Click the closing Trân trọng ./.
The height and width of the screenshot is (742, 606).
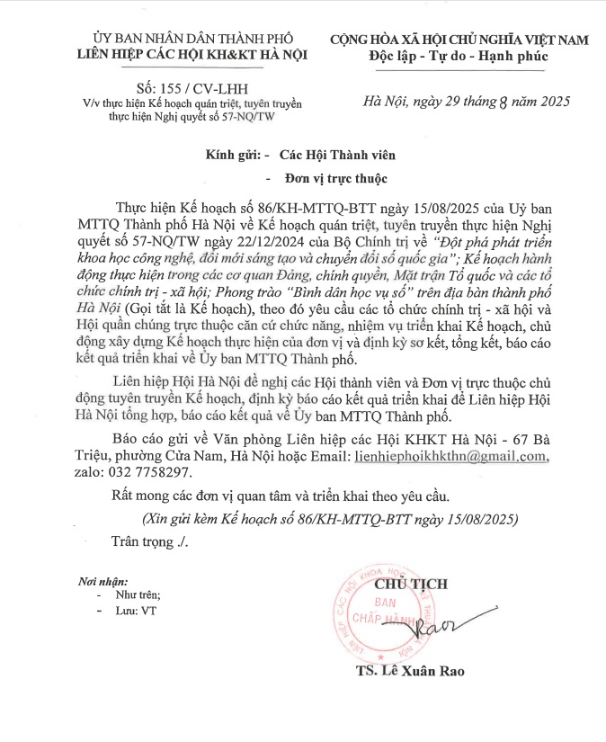[148, 541]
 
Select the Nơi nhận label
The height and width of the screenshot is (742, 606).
[103, 581]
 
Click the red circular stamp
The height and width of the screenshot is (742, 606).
[389, 612]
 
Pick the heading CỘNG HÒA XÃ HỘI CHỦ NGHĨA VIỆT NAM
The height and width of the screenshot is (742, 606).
[459, 40]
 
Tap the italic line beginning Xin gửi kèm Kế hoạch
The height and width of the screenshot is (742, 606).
[330, 519]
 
